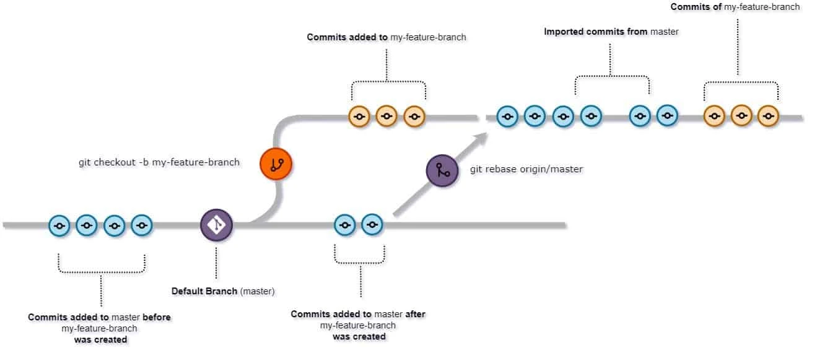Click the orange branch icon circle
pos(276,164)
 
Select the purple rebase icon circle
pos(442,170)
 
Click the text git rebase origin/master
pos(525,169)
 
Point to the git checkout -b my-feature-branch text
pos(159,162)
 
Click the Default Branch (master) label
pos(222,290)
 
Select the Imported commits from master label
pos(611,31)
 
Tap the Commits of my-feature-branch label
pos(735,7)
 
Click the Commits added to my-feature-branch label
pos(387,37)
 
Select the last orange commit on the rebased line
pos(768,116)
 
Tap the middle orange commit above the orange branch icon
pos(387,116)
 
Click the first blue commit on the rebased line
pos(508,116)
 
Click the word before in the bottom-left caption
pos(159,317)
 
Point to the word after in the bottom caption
pos(416,314)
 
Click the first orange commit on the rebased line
pos(714,116)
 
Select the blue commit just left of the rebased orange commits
pos(666,116)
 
